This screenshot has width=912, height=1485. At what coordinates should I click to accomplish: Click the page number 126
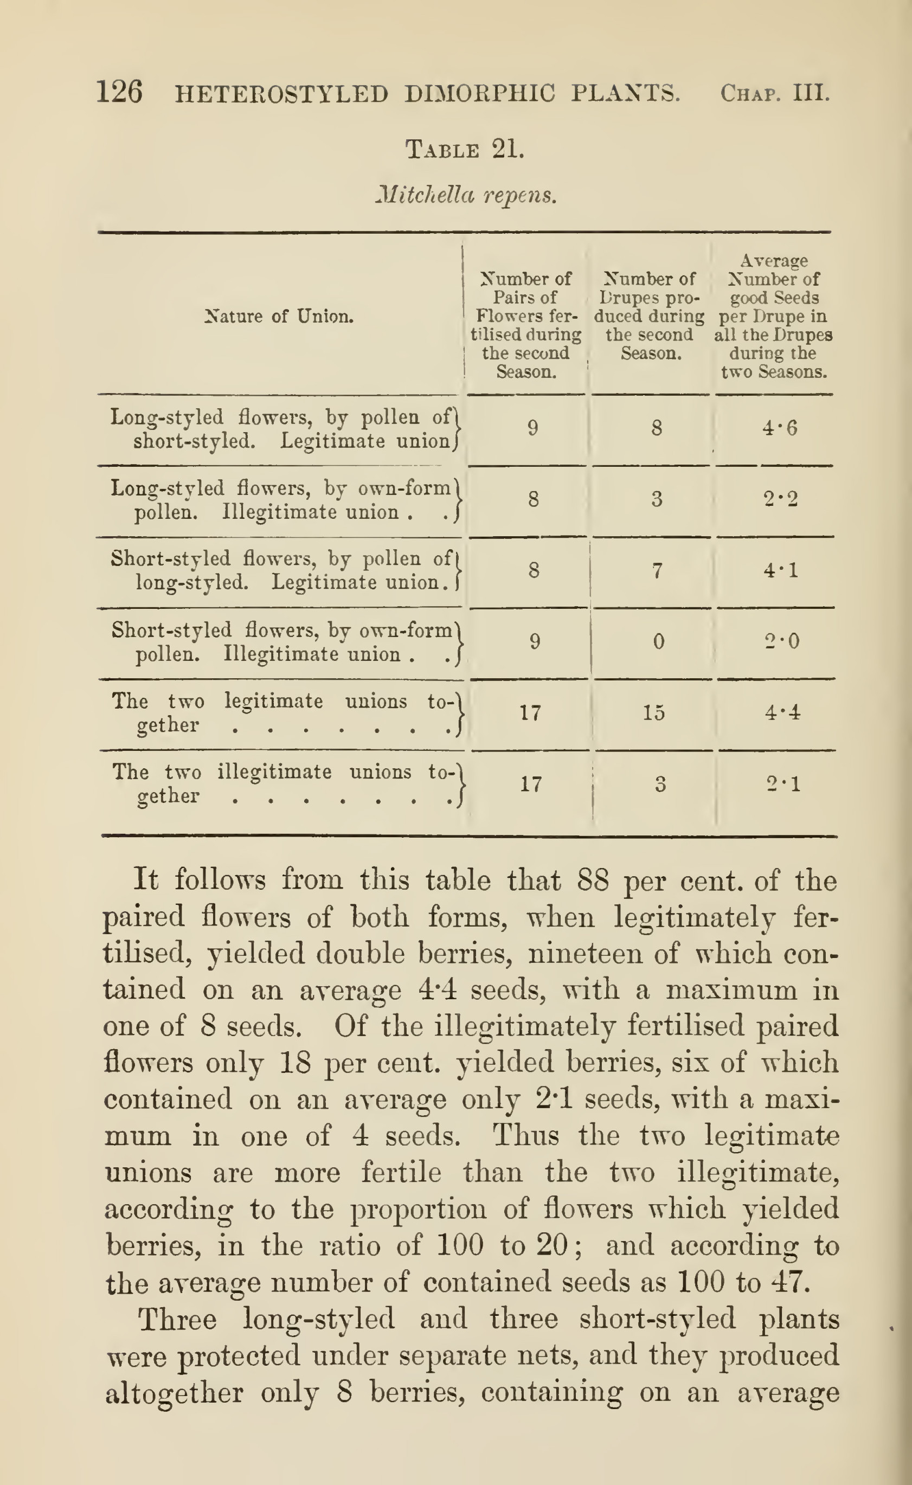click(x=119, y=92)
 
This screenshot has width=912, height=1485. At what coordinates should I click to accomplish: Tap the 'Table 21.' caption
click(x=465, y=149)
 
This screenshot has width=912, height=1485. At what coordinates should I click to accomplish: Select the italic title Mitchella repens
click(x=465, y=195)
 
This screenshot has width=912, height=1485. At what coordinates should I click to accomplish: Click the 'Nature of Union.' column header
click(x=279, y=316)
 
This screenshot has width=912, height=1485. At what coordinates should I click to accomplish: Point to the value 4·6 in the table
click(x=779, y=428)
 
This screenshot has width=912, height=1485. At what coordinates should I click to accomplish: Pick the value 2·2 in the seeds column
click(x=779, y=499)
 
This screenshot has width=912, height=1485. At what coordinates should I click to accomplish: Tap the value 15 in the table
click(x=653, y=712)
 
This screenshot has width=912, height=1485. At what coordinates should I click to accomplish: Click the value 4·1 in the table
click(x=780, y=570)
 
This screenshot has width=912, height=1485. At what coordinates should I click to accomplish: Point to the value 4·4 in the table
click(x=782, y=712)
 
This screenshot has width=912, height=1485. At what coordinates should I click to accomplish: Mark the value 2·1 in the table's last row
click(x=783, y=784)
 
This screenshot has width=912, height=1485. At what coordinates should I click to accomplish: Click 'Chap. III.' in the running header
click(x=775, y=93)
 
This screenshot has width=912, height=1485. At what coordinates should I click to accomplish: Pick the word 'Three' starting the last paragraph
click(x=177, y=1319)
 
